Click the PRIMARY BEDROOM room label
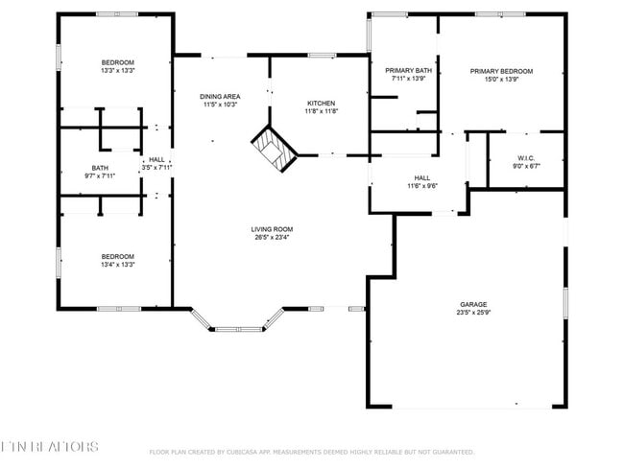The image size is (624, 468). click(501, 71)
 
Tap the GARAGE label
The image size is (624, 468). click(472, 305)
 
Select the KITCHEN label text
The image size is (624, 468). click(321, 103)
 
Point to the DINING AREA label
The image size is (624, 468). click(220, 97)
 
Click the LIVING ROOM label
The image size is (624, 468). click(272, 229)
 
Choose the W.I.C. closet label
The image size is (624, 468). click(526, 157)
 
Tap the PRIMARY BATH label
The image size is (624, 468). click(409, 71)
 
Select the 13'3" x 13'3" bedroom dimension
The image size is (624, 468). click(117, 71)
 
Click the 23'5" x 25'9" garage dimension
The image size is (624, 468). click(472, 314)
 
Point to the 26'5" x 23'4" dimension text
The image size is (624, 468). click(272, 238)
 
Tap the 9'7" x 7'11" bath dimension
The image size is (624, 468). click(100, 175)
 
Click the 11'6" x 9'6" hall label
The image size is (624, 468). click(422, 186)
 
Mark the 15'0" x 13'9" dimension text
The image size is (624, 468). click(501, 80)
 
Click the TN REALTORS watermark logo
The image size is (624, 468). click(50, 447)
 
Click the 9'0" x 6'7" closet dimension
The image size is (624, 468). click(526, 166)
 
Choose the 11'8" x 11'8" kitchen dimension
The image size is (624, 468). click(321, 111)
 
